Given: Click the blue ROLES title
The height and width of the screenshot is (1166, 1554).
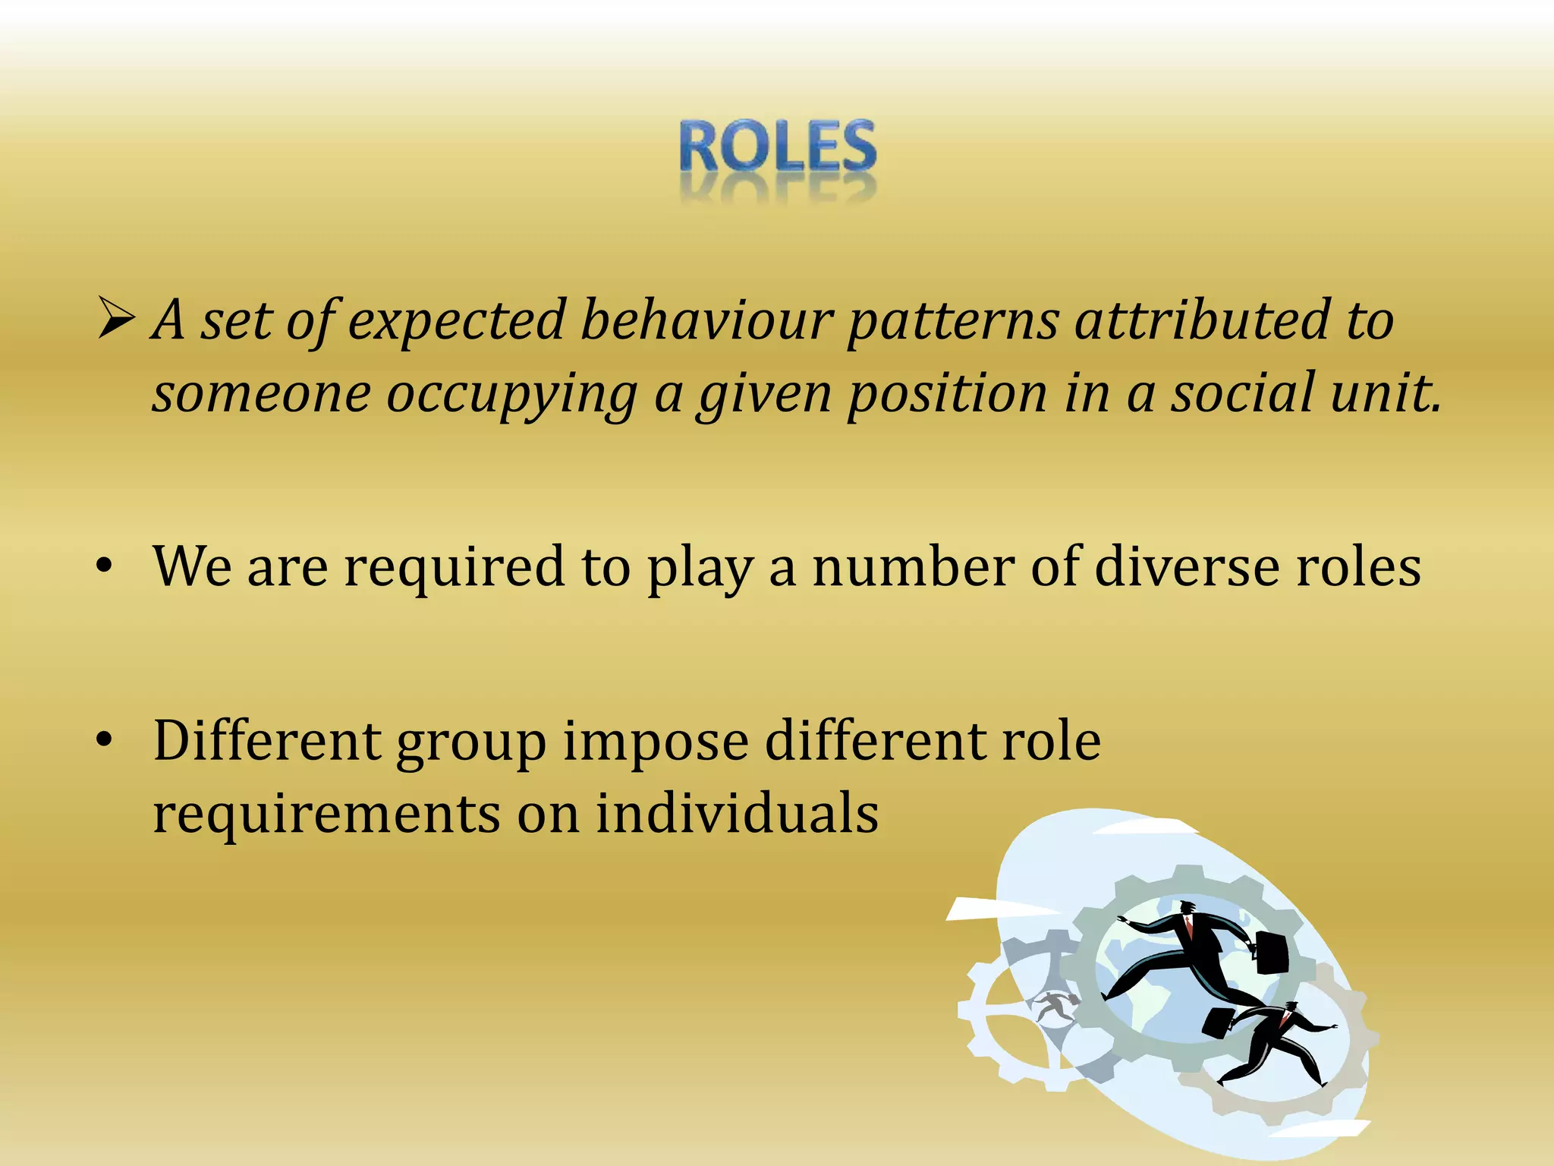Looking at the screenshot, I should (778, 146).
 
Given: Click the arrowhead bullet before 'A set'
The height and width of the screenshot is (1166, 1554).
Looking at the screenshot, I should (115, 319).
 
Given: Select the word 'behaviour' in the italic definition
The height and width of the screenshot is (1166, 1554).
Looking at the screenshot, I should (706, 320).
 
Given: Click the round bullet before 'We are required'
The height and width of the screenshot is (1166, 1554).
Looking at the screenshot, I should (105, 567).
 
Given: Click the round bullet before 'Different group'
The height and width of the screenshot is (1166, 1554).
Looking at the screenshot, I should (105, 740).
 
